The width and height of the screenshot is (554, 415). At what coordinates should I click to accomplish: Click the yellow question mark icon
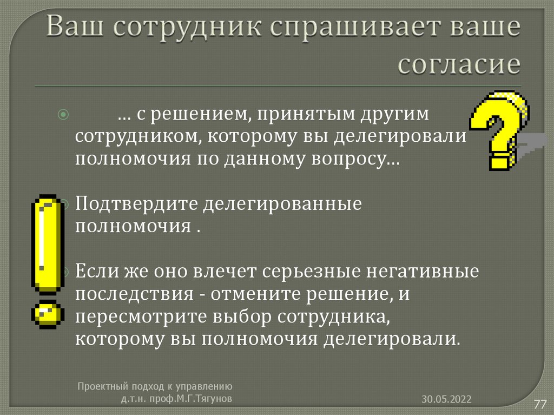click(x=498, y=130)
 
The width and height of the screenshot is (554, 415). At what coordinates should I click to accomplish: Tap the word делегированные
click(x=282, y=205)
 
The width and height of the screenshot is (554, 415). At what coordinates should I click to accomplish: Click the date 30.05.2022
click(x=447, y=399)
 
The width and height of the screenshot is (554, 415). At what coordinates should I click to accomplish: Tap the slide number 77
click(x=540, y=404)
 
